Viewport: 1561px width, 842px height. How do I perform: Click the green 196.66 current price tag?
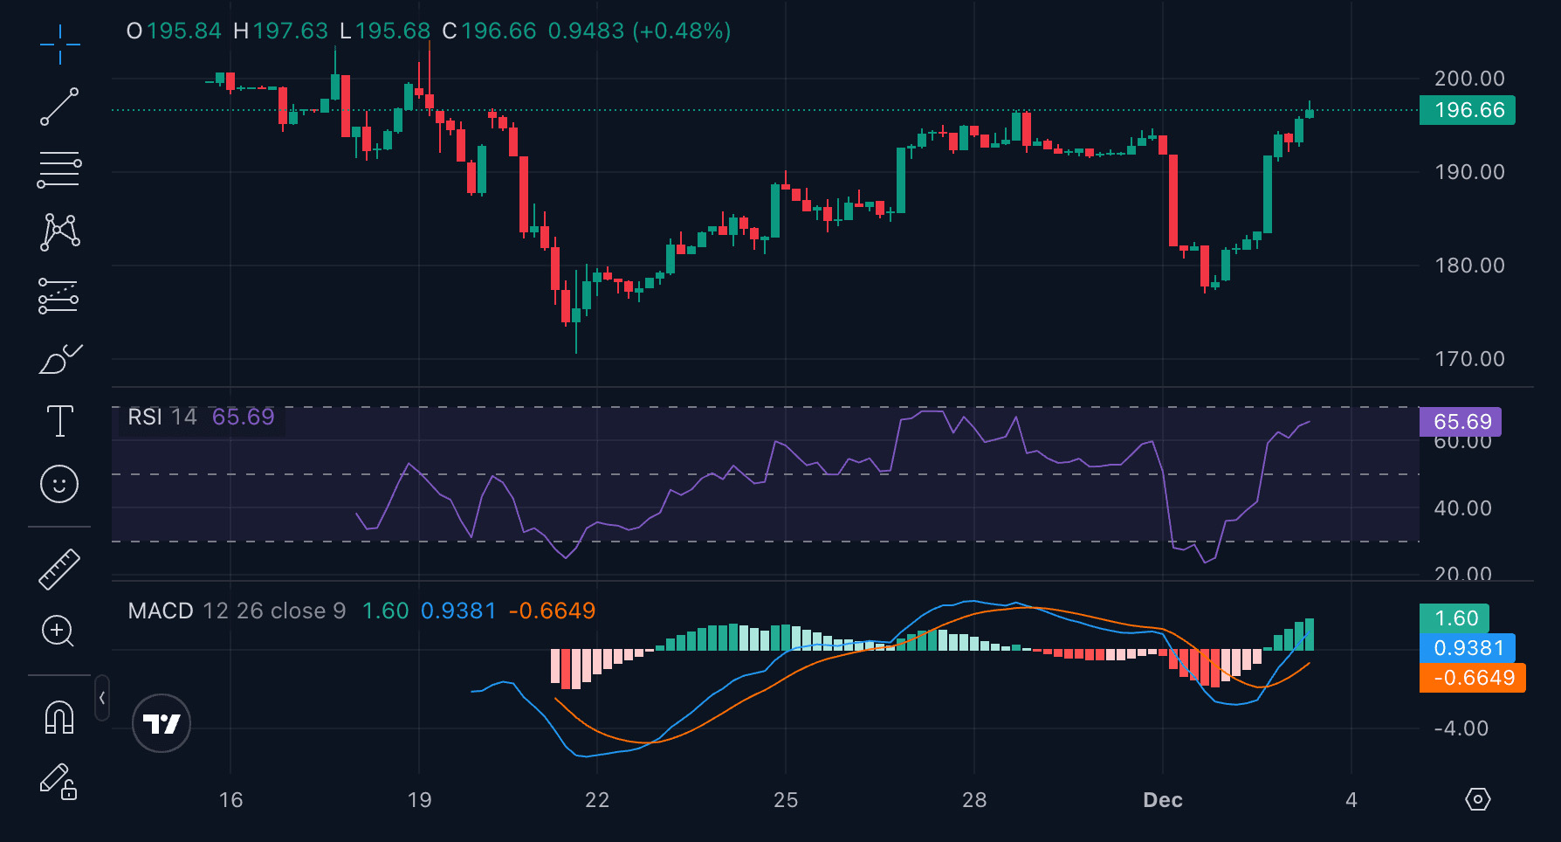tap(1468, 110)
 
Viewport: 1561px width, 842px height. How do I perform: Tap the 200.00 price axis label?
tap(1470, 79)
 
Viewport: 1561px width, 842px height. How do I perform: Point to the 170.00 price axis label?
tap(1470, 359)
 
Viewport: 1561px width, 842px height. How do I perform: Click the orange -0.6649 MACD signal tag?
tap(1473, 678)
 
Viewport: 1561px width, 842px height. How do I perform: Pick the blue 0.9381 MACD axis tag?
tap(1468, 648)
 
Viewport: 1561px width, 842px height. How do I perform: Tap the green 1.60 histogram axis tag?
tap(1454, 618)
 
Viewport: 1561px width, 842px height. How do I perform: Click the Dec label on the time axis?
tap(1163, 800)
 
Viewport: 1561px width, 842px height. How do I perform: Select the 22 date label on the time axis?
tap(597, 800)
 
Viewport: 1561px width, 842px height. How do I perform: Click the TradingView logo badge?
tap(162, 723)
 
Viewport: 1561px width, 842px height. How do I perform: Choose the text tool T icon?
tap(59, 421)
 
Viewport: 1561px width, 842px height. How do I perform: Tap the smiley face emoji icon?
tap(59, 484)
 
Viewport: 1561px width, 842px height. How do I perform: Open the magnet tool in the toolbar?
tap(59, 717)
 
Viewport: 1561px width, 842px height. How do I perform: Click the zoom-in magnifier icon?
tap(58, 631)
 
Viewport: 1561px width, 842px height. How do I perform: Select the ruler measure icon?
tap(59, 569)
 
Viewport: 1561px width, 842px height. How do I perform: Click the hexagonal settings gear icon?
tap(1478, 799)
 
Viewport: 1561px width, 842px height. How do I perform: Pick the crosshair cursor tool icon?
tap(59, 45)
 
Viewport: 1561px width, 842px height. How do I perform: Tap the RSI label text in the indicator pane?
tap(145, 417)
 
